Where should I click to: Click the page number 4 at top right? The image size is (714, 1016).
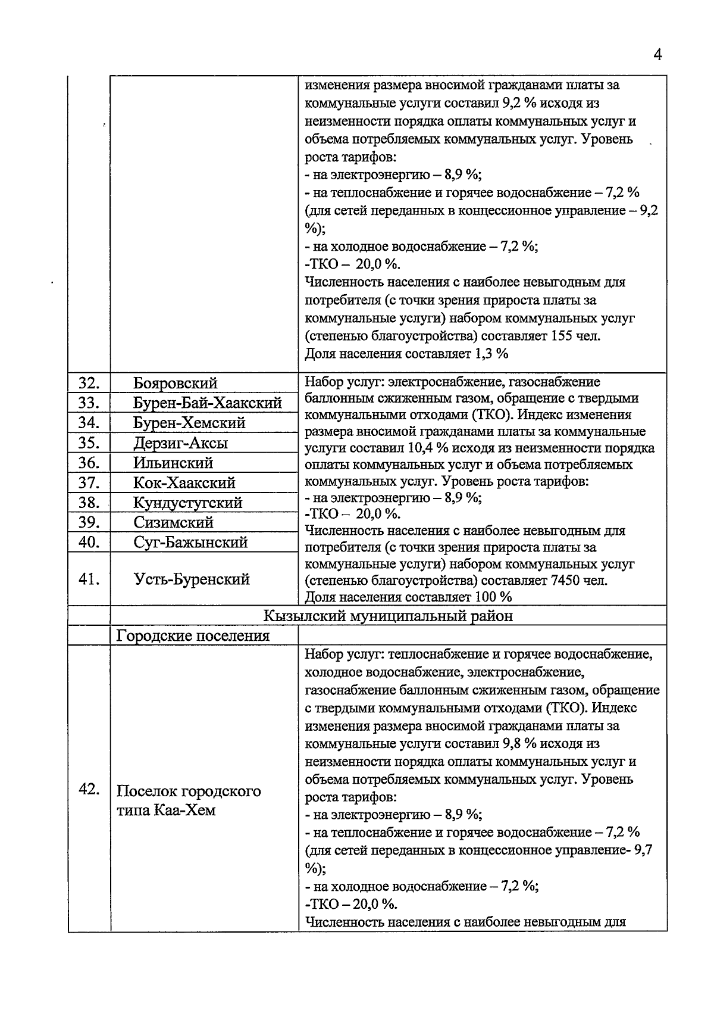click(x=657, y=55)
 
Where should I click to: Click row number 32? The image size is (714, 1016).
click(x=89, y=383)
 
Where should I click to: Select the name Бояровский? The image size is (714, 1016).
click(x=176, y=384)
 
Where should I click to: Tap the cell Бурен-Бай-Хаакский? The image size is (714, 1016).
click(x=207, y=403)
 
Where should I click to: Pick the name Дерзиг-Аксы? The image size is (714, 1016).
click(x=180, y=443)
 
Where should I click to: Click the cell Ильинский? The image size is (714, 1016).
click(x=173, y=463)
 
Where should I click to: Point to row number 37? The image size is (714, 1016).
click(x=89, y=482)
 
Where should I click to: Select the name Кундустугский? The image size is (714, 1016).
click(x=187, y=503)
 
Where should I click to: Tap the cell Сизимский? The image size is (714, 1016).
click(x=173, y=522)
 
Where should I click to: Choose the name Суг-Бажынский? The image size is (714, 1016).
click(x=190, y=543)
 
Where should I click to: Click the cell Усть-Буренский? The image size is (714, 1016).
click(x=192, y=579)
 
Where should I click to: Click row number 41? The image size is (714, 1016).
click(x=89, y=579)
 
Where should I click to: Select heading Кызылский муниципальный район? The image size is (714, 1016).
click(x=388, y=616)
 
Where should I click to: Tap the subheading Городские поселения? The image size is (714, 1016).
click(x=193, y=635)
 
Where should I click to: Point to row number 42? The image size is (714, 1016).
click(x=89, y=789)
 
